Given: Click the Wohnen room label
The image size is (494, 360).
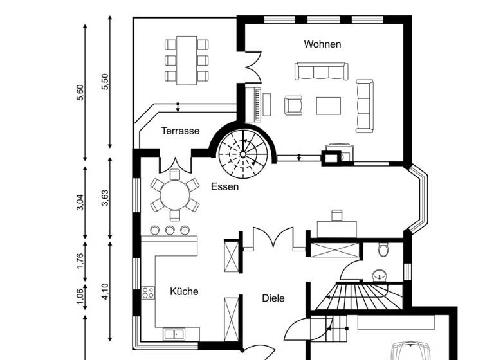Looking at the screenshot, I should [322, 44].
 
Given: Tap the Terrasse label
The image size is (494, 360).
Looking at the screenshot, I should [180, 130].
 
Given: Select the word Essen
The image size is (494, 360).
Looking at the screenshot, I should [224, 187].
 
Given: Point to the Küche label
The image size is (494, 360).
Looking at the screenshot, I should [184, 291].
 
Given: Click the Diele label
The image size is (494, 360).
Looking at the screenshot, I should [273, 298].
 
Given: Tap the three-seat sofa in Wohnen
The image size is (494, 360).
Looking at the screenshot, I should [319, 71].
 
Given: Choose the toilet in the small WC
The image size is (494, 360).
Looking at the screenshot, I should [384, 249].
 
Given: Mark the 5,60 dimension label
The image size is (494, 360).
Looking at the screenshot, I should [80, 93].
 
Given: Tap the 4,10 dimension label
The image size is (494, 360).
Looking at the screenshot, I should [105, 291].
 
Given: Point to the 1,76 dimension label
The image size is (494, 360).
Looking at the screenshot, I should [80, 260].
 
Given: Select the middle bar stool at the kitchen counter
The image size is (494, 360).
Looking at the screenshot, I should [170, 230].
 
